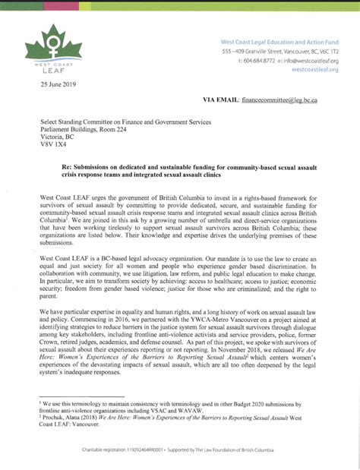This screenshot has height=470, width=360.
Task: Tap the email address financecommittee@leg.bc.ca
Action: click(279, 99)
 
